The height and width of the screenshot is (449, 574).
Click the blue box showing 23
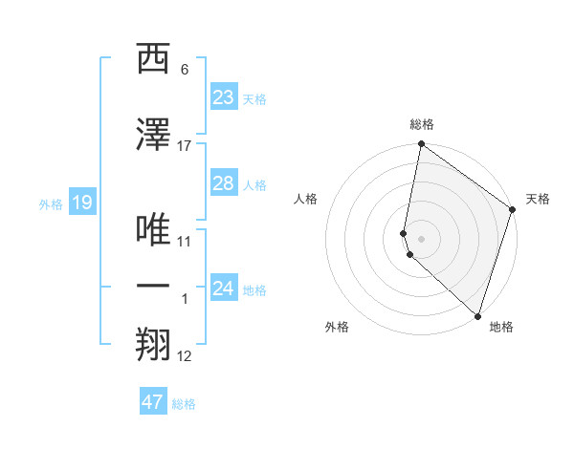pos(223,96)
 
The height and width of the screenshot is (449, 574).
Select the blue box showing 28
pos(223,183)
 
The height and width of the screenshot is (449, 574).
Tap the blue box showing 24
pos(223,289)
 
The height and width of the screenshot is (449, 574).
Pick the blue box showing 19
pos(81,203)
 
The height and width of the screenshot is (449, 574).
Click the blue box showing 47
pos(153,402)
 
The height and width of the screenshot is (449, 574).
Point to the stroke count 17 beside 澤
pos(185,145)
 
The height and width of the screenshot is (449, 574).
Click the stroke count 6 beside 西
pos(185,70)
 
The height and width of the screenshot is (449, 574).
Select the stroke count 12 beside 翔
pos(185,356)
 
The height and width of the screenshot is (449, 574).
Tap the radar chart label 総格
pos(422,125)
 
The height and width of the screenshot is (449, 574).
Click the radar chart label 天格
pos(538,200)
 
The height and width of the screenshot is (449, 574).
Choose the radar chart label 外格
pos(337,327)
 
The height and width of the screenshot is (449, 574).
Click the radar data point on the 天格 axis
pos(513,209)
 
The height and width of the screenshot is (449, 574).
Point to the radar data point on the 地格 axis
pos(477,315)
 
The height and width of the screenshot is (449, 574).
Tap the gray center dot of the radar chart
pos(422,238)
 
